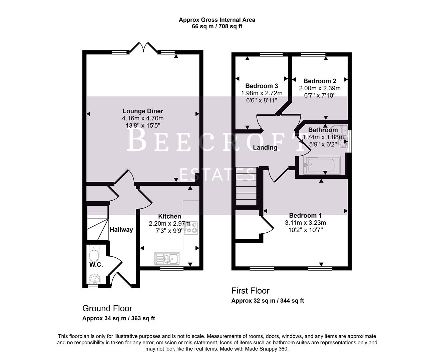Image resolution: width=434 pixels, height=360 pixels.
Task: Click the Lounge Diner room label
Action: (x=143, y=111)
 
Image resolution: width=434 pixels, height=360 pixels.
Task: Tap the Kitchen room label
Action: (x=169, y=217)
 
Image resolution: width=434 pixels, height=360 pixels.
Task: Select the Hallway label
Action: (x=121, y=230)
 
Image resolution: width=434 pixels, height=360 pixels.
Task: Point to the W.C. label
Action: (x=96, y=265)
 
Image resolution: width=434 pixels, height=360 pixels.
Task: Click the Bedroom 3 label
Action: (x=262, y=86)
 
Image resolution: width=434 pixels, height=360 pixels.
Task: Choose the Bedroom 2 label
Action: (x=320, y=81)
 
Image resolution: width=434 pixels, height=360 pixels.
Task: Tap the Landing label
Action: (x=265, y=148)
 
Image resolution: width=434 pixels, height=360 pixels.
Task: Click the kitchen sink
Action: (x=167, y=259)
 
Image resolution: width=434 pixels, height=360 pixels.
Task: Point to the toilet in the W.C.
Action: (x=94, y=254)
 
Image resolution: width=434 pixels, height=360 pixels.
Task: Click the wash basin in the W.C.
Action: (x=95, y=279)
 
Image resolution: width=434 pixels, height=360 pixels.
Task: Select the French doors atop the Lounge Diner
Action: (x=143, y=47)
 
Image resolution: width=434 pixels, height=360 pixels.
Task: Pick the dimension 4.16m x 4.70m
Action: (x=143, y=118)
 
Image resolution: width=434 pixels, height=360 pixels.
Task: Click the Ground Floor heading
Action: (x=107, y=308)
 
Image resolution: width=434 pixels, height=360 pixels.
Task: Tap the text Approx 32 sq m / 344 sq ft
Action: (x=268, y=301)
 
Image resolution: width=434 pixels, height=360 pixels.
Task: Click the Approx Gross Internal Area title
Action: (x=217, y=20)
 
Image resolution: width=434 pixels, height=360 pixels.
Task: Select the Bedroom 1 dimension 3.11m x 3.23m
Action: (x=305, y=223)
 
